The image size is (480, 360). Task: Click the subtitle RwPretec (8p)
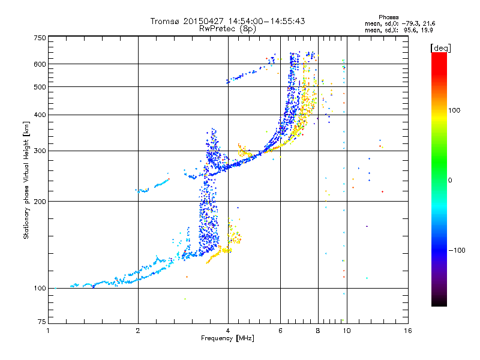(227, 29)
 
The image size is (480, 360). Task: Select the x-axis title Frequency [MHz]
(227, 338)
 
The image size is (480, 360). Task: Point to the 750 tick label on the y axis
(40, 38)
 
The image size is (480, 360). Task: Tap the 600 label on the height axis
(40, 64)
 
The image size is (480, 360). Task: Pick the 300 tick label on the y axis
(40, 151)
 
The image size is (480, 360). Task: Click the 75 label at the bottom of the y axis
(42, 322)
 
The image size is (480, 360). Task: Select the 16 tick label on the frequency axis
(408, 331)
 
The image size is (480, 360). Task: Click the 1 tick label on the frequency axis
(48, 331)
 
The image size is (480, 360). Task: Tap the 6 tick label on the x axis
(280, 331)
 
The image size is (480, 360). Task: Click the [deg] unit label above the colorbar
(440, 49)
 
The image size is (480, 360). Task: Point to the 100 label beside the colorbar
(454, 110)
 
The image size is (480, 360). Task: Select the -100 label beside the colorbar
(457, 250)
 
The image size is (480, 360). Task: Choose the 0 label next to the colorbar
(450, 181)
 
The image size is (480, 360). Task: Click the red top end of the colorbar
(439, 55)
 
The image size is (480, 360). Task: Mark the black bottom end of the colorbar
(439, 303)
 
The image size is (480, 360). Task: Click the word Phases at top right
(388, 17)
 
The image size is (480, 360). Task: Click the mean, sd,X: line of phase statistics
(398, 31)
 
